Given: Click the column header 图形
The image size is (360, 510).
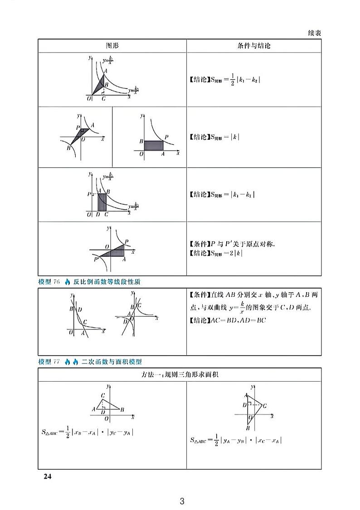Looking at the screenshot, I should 112,46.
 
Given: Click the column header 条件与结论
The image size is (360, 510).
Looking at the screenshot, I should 253,46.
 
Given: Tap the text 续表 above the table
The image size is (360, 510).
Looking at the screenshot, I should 311,33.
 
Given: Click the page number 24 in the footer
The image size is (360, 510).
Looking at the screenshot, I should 48,476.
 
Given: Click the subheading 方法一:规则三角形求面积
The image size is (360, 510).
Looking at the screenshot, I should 180,374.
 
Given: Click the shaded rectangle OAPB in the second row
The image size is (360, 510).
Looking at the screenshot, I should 153,146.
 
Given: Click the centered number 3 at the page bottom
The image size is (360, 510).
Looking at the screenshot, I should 182,501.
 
